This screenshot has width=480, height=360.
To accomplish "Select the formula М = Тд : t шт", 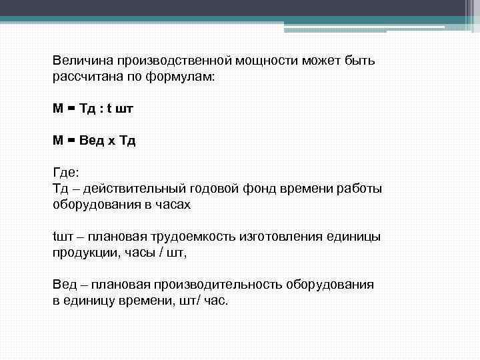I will (x=96, y=109).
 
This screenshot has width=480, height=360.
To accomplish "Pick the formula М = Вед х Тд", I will (x=94, y=141).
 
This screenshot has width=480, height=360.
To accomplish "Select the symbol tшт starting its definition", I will (x=61, y=237).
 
